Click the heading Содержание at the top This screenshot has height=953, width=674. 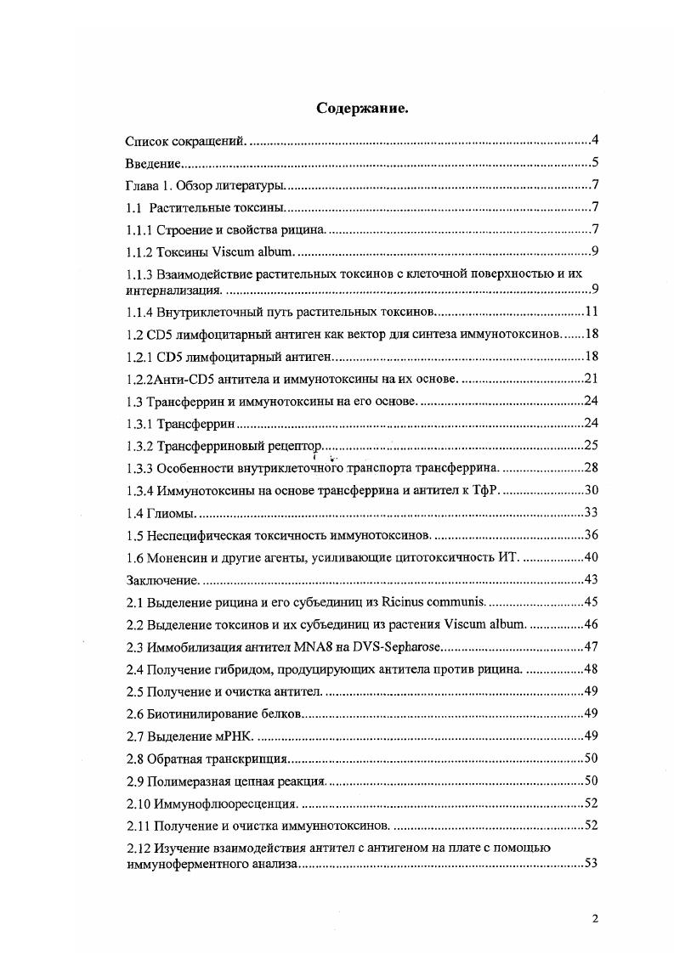click(363, 108)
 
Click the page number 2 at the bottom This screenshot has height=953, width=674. click(595, 917)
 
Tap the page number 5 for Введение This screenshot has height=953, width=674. click(596, 163)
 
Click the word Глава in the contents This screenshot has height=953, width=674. click(143, 186)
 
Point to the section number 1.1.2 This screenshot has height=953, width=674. click(139, 251)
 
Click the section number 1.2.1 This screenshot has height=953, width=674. click(139, 356)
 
